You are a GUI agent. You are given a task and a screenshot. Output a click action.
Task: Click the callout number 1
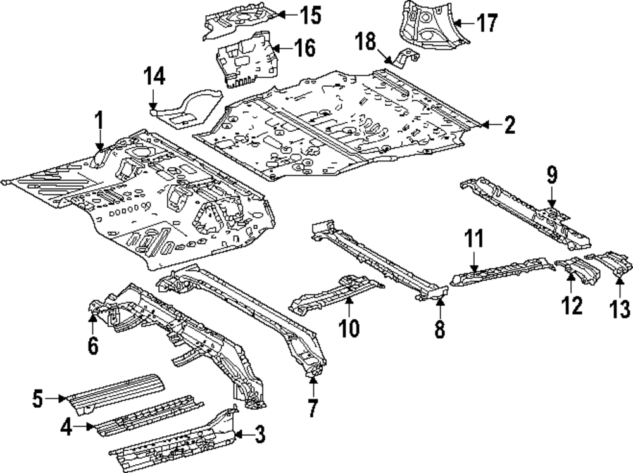coord(99,122)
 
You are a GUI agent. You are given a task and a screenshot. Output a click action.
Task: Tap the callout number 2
coord(510,125)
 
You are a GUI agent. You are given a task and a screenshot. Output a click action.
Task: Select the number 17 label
coord(486,23)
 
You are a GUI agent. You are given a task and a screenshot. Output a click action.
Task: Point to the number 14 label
coord(154,77)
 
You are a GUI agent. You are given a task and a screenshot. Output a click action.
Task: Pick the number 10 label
coord(349,328)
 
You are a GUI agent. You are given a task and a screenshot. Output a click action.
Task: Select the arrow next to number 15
coord(288,15)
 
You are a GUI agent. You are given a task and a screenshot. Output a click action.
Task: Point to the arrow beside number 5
coord(56,399)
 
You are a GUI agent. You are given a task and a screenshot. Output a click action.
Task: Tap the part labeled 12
coord(578,271)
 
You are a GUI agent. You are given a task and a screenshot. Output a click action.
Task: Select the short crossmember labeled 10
coord(336,294)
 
